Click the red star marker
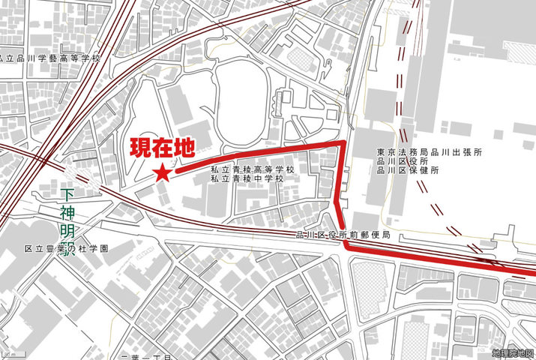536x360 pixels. (x=162, y=173)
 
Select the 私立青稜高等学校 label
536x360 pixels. (x=253, y=170)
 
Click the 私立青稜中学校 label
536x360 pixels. (x=247, y=180)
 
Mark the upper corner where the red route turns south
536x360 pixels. (x=343, y=142)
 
